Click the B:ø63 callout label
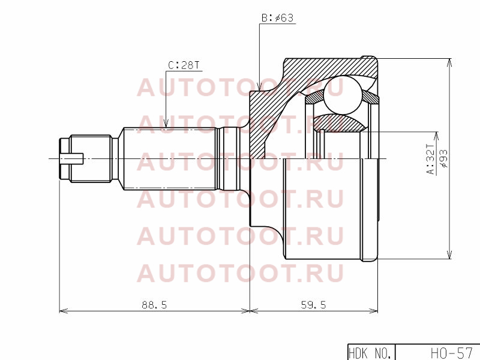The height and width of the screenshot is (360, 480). click(x=277, y=18)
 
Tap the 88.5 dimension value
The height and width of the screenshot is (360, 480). click(x=154, y=305)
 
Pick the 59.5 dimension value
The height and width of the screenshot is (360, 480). click(x=313, y=305)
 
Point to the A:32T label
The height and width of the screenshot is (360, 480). click(x=430, y=159)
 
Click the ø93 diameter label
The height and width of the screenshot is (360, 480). click(x=443, y=158)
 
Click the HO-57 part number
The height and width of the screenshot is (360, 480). click(x=452, y=353)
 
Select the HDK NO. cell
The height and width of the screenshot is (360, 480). click(x=370, y=353)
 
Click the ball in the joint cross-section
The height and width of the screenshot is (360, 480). click(x=342, y=95)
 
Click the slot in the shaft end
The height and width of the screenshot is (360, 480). click(x=71, y=158)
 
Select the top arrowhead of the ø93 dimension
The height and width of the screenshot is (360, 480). click(x=449, y=62)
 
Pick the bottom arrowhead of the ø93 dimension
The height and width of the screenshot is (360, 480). click(x=449, y=254)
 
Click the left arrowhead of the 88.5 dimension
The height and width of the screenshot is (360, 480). click(x=64, y=311)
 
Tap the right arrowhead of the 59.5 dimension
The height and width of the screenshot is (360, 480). click(x=373, y=311)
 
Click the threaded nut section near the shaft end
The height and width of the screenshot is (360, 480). click(x=91, y=158)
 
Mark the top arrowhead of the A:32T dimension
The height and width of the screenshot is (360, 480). click(x=436, y=137)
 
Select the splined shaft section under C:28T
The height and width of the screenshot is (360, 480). click(x=170, y=158)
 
